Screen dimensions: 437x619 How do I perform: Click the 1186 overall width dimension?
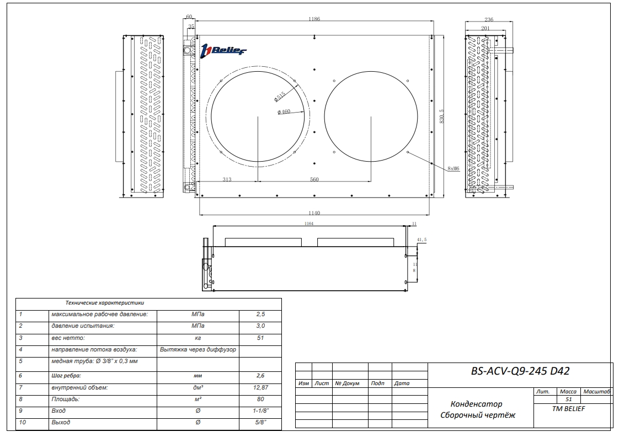tap(314, 19)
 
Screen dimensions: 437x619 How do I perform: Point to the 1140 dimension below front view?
tap(314, 213)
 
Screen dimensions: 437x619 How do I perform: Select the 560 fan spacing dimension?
tap(314, 179)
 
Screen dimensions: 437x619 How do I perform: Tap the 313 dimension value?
tap(227, 179)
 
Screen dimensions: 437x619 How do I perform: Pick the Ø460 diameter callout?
tap(284, 112)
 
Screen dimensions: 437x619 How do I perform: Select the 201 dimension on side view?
tap(485, 28)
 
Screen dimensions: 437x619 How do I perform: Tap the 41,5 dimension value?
tap(422, 240)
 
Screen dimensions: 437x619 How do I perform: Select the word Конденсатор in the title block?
tap(476, 404)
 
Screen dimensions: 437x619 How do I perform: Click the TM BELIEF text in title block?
tap(568, 408)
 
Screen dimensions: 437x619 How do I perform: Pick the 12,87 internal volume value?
tap(260, 388)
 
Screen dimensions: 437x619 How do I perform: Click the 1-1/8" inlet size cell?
tap(260, 411)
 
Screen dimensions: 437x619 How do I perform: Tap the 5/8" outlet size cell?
tap(260, 423)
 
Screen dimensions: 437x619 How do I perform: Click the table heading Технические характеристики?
tap(104, 303)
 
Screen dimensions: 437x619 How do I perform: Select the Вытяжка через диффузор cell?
tap(198, 349)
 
